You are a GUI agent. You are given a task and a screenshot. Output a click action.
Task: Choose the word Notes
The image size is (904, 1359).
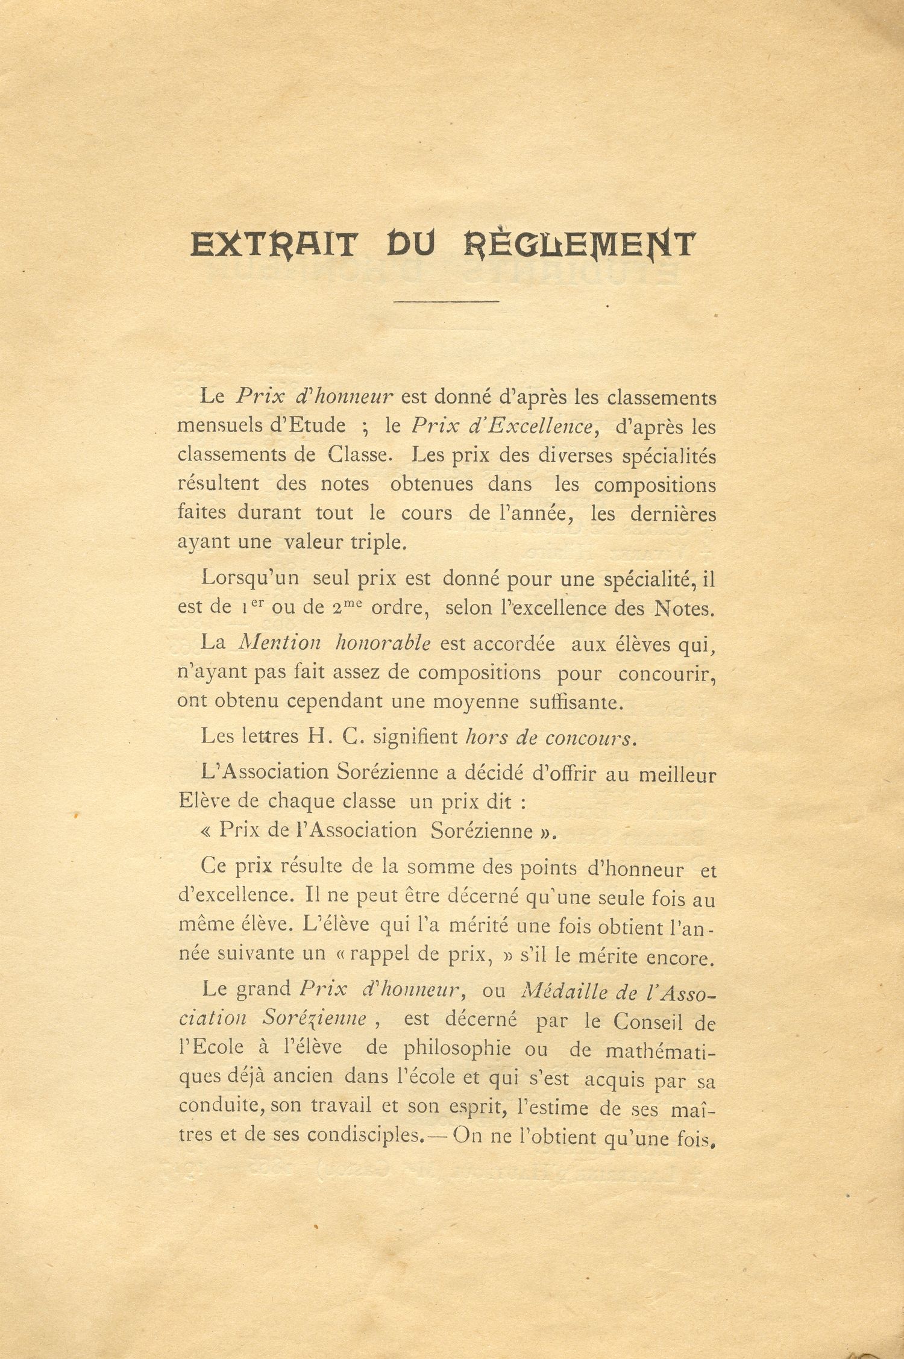tap(683, 608)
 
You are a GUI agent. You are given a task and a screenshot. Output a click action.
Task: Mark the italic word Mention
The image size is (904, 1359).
tap(280, 643)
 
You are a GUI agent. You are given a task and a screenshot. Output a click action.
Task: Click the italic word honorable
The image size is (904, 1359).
tap(383, 643)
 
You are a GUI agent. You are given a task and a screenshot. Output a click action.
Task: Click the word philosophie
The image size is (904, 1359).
tap(457, 1049)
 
